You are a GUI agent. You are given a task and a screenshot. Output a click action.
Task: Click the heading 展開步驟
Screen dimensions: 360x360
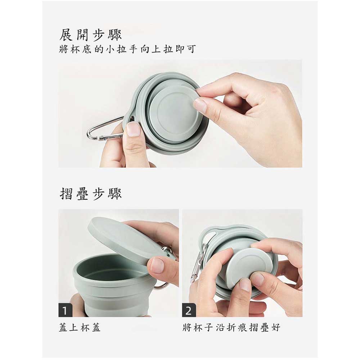coord(90,35)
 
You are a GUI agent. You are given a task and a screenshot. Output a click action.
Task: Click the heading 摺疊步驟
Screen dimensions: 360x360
coord(90,194)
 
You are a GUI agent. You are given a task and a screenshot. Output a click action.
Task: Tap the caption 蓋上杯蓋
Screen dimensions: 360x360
coord(80,327)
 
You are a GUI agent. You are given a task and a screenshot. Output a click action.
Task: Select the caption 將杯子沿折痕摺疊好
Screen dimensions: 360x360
coord(231,327)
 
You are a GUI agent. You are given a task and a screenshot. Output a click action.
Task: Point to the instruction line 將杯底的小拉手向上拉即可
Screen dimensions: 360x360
coord(127,49)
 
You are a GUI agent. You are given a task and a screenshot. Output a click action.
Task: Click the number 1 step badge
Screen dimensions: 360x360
coord(65,310)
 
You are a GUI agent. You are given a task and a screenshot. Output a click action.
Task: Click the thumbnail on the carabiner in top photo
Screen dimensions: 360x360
coord(133,129)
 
